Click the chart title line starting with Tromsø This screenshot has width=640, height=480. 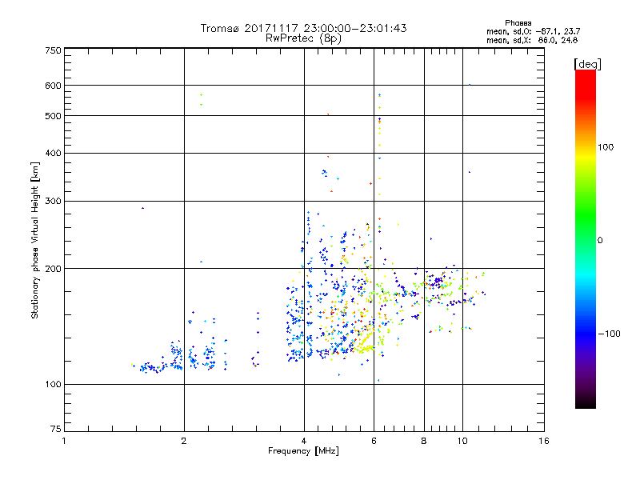[303, 28]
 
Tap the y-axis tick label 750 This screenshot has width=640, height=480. [53, 50]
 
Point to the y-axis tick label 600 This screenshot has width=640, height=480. [53, 86]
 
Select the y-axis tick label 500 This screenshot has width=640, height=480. [53, 116]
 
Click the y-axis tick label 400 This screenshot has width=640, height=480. [53, 154]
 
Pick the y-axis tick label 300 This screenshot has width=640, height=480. [53, 202]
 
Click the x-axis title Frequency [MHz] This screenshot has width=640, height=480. [303, 452]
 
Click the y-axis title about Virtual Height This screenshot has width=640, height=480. [35, 240]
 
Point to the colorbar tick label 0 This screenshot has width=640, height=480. [599, 240]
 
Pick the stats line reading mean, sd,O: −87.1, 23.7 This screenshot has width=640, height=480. [532, 31]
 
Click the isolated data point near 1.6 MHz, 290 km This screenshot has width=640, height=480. [142, 208]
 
